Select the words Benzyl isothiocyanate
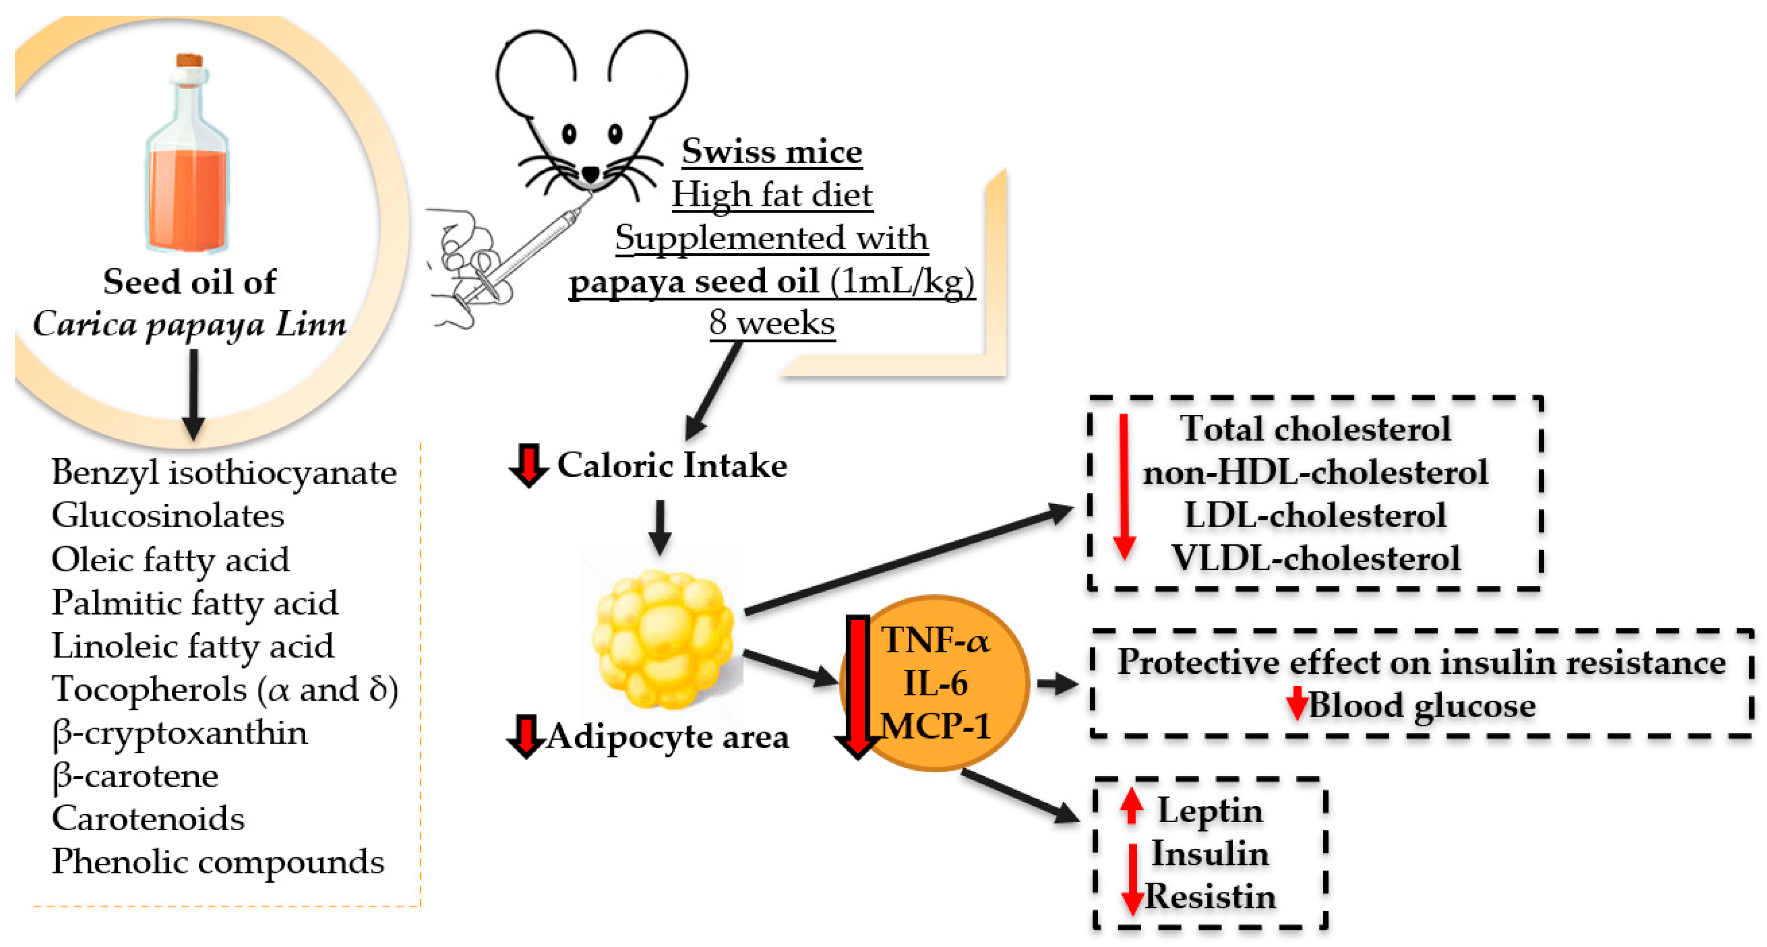[224, 473]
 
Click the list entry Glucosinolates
[167, 516]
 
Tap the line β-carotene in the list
[135, 776]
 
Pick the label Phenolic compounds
[218, 862]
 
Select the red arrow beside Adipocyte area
[525, 736]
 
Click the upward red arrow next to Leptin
[1131, 806]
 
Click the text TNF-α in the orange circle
[936, 641]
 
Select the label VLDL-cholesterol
[1315, 558]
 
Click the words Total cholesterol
[1315, 429]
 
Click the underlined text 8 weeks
[772, 322]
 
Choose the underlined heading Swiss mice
[772, 151]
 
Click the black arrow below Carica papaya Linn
[194, 394]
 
